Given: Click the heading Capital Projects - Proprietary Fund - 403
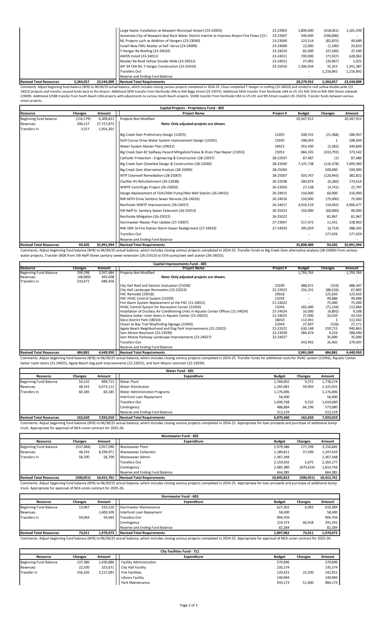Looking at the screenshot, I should click(191, 108).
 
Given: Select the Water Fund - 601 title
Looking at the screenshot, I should click(180, 371).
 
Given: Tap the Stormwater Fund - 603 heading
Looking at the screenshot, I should click(180, 496).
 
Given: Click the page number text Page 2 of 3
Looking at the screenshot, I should click(189, 605).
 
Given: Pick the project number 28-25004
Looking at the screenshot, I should click(279, 170).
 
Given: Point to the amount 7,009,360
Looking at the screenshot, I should click(354, 164).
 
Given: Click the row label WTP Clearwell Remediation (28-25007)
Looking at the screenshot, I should click(151, 176).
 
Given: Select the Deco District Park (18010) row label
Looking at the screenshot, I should click(140, 320).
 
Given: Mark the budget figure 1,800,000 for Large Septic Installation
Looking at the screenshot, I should click(306, 31).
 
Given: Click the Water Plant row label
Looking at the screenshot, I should click(129, 382).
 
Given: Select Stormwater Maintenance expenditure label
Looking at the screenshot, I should click(140, 507).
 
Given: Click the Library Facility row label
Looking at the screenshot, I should click(132, 577).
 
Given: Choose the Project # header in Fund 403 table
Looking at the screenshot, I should click(279, 113).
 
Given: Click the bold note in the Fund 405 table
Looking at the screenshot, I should click(193, 277).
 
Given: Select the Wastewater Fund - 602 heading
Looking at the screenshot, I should click(180, 436).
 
